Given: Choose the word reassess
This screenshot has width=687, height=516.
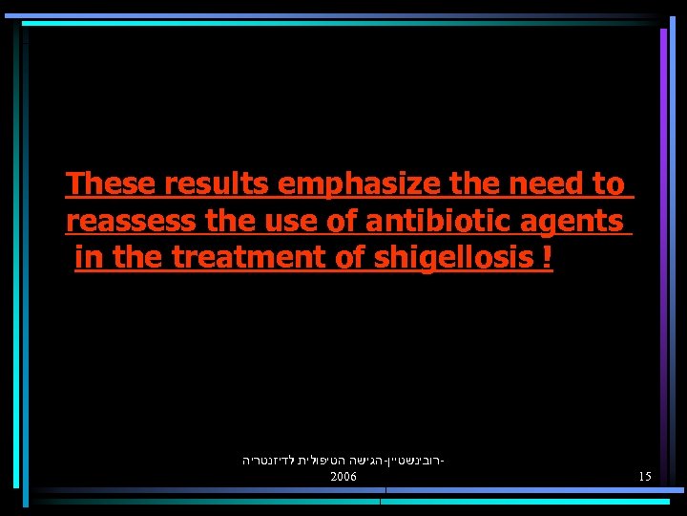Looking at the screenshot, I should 133,221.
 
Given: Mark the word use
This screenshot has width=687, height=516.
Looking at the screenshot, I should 283,221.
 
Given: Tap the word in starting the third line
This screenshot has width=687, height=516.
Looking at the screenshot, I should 88,257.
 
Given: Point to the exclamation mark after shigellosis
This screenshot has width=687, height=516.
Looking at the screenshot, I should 547,257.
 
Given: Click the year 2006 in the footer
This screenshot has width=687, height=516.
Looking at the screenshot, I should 343,476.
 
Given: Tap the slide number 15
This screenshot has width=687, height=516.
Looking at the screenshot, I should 645,476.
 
